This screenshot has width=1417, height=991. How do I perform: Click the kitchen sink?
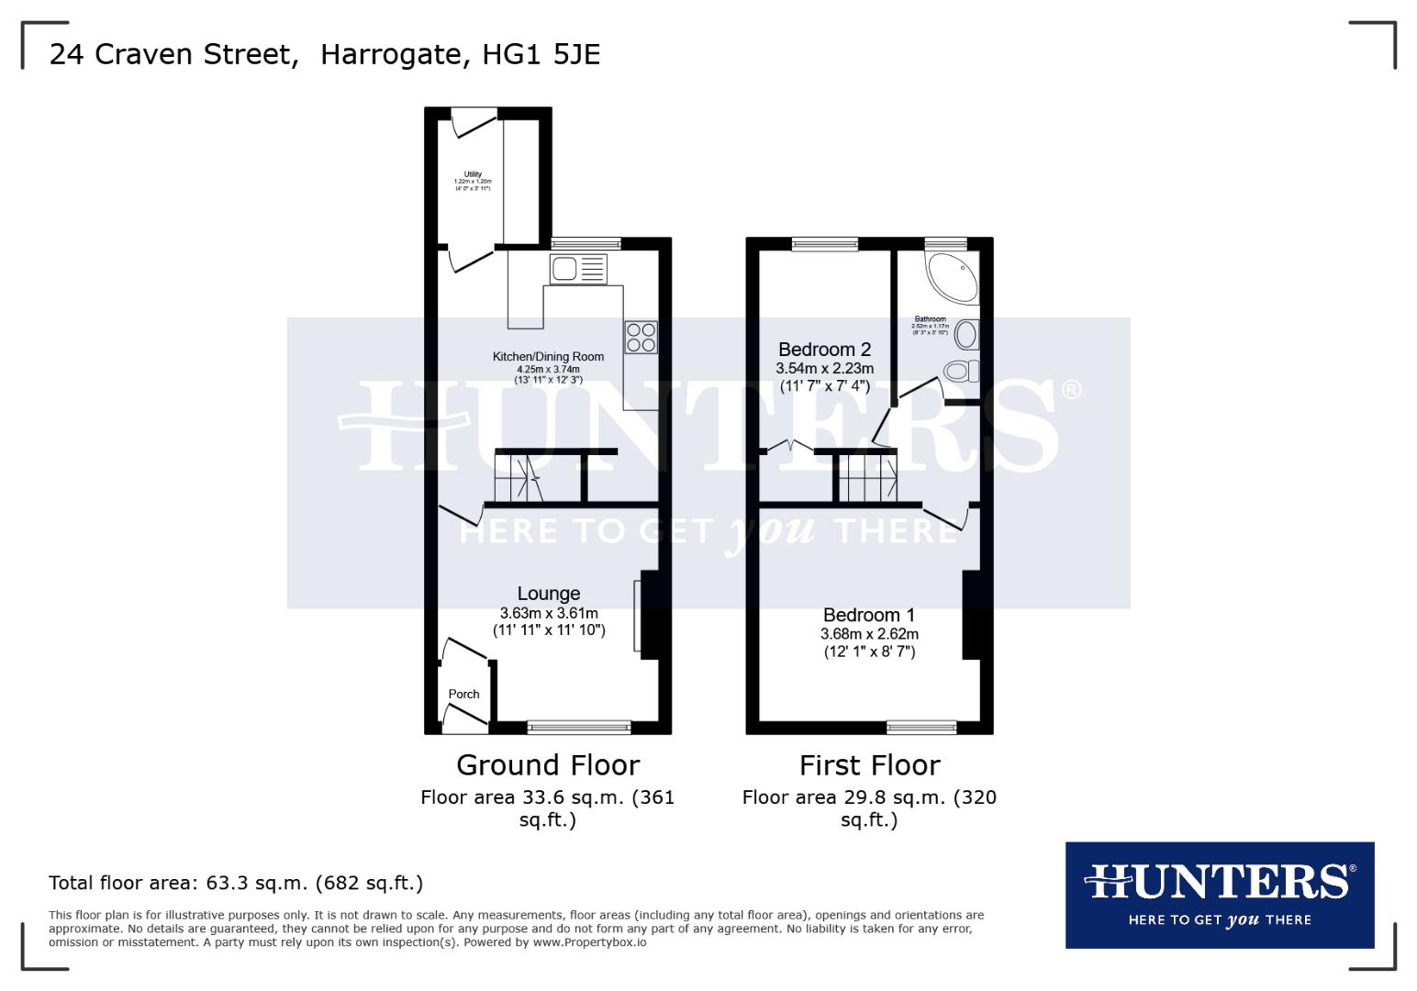tap(578, 269)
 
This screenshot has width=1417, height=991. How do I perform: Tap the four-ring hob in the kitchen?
tap(641, 337)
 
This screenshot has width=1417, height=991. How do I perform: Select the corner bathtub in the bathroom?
tap(952, 277)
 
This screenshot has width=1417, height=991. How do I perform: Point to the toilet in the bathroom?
tap(960, 372)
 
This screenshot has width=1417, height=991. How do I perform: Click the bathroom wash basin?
tap(966, 334)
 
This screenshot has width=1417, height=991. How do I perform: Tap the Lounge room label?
tap(549, 594)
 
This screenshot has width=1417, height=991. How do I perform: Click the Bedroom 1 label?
tap(869, 615)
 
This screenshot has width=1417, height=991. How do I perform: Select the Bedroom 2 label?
tap(824, 350)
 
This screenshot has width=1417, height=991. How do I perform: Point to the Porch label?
tap(463, 695)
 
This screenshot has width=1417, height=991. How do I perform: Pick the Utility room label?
tap(473, 174)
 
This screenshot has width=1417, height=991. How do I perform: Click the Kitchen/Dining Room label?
tap(548, 357)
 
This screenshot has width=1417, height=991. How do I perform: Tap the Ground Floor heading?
tap(548, 765)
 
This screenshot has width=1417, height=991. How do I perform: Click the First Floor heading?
tap(869, 765)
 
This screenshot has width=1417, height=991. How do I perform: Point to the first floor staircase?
tap(867, 477)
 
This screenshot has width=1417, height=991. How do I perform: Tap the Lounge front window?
tap(579, 728)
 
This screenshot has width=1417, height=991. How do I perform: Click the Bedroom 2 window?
tap(825, 243)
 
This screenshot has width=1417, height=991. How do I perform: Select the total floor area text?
tap(236, 884)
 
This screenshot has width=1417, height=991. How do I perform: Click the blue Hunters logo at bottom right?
tap(1219, 895)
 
